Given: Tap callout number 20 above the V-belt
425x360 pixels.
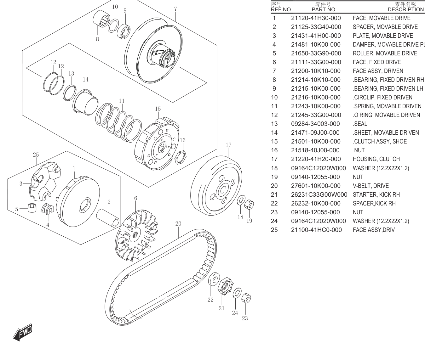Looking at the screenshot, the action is coord(178,224).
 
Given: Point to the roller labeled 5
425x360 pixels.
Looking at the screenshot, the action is coord(32,208).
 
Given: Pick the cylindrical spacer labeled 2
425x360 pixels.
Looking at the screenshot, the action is coord(108,218).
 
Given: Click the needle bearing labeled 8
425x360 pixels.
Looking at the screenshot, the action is coord(101,19).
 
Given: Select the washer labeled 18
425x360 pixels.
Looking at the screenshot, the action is coord(241,200).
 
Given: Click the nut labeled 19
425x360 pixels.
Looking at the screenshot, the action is coord(249,204).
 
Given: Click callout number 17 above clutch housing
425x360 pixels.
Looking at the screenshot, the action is coord(228,145).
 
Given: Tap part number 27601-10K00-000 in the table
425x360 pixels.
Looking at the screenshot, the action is coord(316,186).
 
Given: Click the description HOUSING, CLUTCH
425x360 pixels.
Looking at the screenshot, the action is coord(376,159).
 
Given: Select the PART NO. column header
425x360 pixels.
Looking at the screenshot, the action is coord(324,9).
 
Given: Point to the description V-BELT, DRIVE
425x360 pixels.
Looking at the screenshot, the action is coord(371,186).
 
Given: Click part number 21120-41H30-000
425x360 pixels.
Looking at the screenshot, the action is coord(316,18).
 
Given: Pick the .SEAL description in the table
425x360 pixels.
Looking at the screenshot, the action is coord(360,124).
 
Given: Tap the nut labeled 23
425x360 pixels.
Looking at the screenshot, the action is coord(246,298).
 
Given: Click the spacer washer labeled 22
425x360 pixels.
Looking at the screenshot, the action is coord(214,279).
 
